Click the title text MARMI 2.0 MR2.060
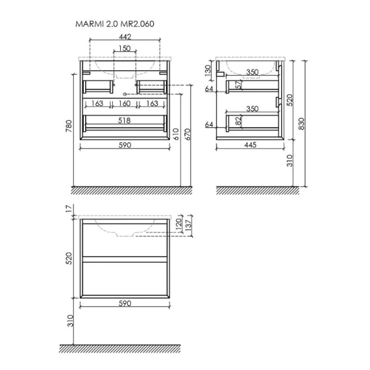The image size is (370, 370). point(115,24)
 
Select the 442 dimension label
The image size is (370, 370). point(125,37)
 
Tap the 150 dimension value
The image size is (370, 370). point(125,48)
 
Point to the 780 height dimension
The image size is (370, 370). point(68,126)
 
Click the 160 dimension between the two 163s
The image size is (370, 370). point(125,104)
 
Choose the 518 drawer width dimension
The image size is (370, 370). point(125,121)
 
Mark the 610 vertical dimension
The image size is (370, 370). point(176,134)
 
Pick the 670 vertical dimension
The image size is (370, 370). point(187,134)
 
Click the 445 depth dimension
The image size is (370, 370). point(250,145)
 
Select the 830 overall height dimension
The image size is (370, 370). point(302,124)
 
